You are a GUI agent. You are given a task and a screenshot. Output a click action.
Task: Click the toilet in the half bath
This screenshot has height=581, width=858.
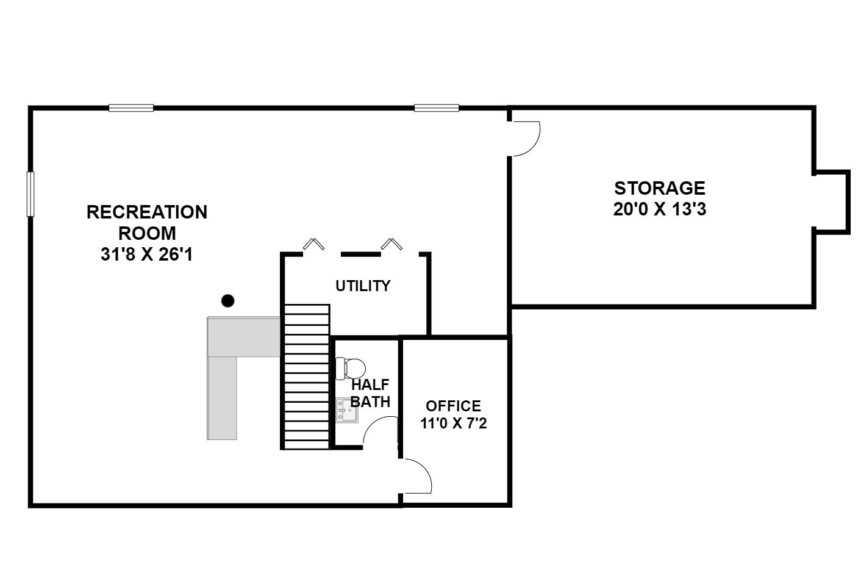351,368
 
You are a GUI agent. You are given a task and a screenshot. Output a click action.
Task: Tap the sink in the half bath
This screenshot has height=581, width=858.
347,410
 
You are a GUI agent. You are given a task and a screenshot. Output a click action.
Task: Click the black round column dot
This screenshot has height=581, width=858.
227,300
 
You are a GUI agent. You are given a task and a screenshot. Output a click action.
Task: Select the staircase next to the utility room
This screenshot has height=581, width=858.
307,377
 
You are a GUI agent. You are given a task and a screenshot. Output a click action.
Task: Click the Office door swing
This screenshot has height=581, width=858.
416,476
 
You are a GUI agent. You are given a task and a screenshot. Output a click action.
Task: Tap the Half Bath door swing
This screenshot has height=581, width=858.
380,430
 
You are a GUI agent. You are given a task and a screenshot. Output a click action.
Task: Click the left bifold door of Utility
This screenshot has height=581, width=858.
313,244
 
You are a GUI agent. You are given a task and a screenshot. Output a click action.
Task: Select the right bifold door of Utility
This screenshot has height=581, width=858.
391,244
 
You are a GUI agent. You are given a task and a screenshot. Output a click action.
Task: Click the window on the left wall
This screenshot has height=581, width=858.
30,193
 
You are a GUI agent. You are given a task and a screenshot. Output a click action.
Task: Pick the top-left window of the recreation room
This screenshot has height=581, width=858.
131,108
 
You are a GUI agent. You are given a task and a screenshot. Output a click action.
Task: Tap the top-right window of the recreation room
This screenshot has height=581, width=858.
436,108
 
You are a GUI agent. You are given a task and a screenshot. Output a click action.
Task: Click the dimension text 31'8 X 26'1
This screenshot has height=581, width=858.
146,254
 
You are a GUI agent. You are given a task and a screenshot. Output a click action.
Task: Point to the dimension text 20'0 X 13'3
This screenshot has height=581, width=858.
659,209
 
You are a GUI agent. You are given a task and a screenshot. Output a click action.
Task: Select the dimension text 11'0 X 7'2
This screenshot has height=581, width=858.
453,423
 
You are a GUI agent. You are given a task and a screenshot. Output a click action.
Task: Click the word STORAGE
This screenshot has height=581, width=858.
659,187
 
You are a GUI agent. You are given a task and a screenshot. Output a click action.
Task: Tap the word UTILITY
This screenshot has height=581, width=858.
363,286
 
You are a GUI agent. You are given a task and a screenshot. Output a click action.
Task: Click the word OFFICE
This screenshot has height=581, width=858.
453,406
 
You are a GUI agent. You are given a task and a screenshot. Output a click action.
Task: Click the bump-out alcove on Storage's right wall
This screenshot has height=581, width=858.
832,201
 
